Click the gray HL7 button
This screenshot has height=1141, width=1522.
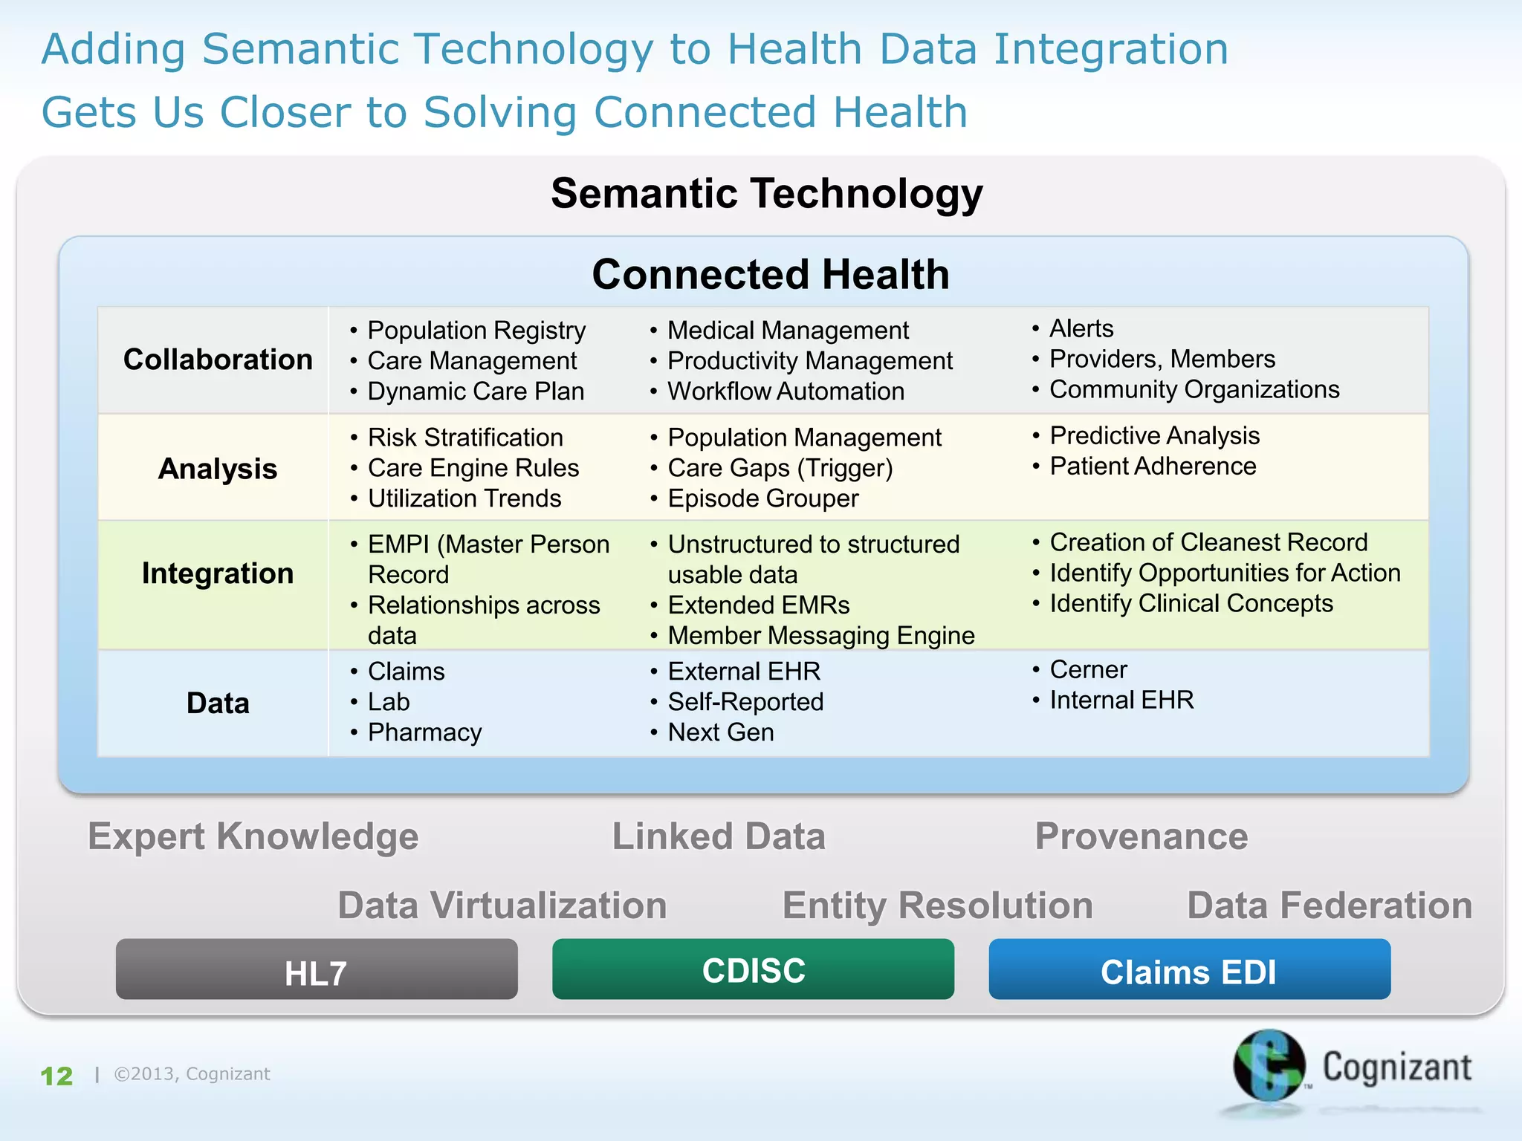tap(317, 969)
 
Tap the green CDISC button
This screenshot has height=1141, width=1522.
tap(753, 969)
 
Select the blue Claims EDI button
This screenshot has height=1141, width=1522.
tap(1189, 969)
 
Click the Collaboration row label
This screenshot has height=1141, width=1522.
tap(218, 360)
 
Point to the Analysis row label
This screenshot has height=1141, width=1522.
tap(218, 469)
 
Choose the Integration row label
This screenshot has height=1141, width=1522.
tap(218, 573)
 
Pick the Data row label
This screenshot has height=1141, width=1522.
tap(218, 703)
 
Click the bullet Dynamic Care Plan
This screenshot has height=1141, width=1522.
tap(476, 391)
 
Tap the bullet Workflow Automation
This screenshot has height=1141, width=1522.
tap(786, 391)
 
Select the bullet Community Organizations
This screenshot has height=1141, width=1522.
tap(1194, 389)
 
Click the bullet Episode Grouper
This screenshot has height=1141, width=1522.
tap(762, 498)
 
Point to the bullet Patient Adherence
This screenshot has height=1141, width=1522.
tap(1153, 467)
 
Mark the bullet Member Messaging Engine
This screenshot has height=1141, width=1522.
tap(820, 636)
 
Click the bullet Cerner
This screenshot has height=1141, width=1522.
tap(1088, 670)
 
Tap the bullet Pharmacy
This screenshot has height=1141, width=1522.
tap(424, 732)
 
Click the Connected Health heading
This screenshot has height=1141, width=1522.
tap(771, 274)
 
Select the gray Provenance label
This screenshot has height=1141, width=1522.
tap(1141, 836)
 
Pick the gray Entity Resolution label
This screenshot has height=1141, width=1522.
tap(938, 906)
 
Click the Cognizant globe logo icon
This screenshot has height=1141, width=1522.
tap(1269, 1065)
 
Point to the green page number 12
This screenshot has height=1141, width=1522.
tap(56, 1076)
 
